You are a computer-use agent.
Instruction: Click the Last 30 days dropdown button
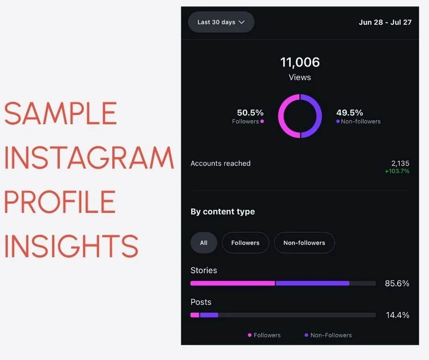[x=221, y=22]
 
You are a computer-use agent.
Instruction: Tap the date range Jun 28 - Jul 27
[x=385, y=22]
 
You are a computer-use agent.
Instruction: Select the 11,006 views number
[x=300, y=62]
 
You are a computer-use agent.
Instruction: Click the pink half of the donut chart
[x=283, y=116]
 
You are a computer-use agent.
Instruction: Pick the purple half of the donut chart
[x=317, y=116]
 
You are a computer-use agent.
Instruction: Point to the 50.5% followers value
[x=250, y=112]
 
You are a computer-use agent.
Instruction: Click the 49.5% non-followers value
[x=350, y=112]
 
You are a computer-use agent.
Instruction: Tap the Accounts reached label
[x=220, y=163]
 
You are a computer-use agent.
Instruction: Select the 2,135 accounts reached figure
[x=400, y=163]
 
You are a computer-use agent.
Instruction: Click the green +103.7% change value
[x=397, y=171]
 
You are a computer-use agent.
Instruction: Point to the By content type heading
[x=223, y=212]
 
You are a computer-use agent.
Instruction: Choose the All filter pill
[x=204, y=243]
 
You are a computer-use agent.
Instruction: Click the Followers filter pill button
[x=245, y=243]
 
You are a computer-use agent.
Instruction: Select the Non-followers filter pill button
[x=304, y=243]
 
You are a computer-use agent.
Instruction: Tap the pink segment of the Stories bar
[x=232, y=283]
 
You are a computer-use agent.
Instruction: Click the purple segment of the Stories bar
[x=313, y=283]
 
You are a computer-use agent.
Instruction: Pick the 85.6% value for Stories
[x=397, y=283]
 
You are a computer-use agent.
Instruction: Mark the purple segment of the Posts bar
[x=209, y=315]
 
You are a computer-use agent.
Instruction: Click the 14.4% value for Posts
[x=397, y=315]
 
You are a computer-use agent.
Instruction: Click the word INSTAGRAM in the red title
[x=89, y=158]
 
